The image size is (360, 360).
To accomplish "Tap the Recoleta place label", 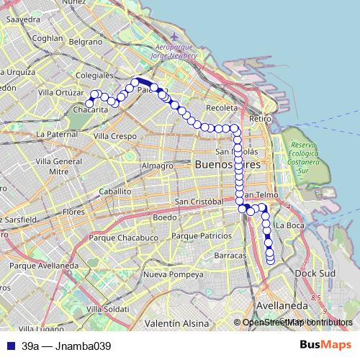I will (x=221, y=107).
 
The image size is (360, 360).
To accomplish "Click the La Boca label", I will (x=290, y=225).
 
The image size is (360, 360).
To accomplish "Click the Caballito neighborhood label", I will (x=115, y=192).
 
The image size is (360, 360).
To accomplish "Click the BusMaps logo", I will (x=329, y=346).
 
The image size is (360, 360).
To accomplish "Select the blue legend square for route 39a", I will (x=10, y=346).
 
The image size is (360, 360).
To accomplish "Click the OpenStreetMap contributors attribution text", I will (x=297, y=323).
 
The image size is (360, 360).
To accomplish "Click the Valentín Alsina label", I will (x=174, y=323).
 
